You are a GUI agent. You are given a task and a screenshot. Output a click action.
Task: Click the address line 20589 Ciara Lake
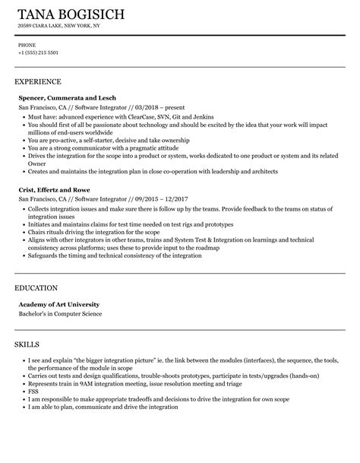click(x=58, y=26)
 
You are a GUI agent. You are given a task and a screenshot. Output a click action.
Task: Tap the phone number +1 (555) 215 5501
click(x=38, y=52)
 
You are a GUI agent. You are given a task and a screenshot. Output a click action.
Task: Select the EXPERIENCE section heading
click(x=38, y=81)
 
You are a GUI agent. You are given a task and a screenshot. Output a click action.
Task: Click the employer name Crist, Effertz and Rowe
click(x=56, y=189)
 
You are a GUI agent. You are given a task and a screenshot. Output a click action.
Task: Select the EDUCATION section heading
click(x=36, y=289)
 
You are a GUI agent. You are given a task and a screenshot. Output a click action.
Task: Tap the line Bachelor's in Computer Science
click(x=60, y=314)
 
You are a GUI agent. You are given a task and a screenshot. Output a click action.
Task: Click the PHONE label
click(x=26, y=45)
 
